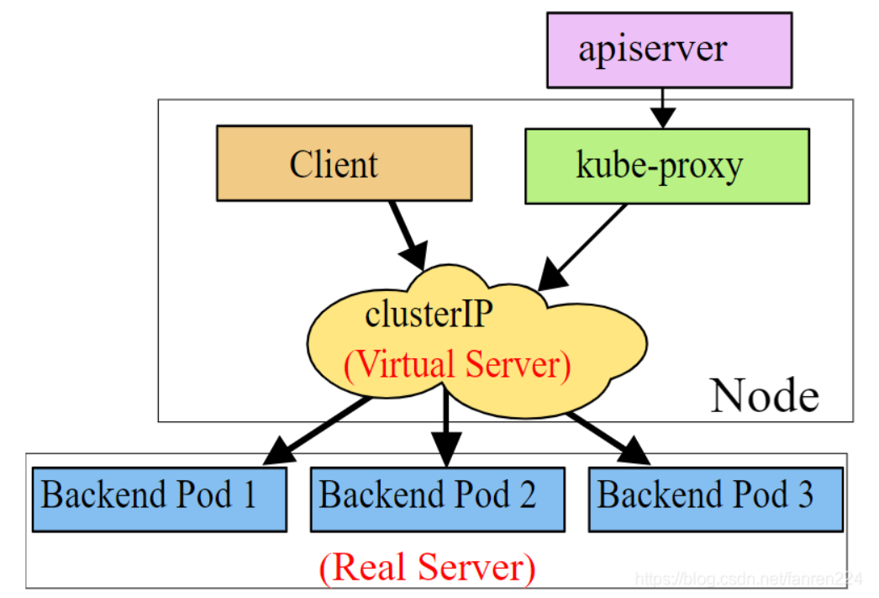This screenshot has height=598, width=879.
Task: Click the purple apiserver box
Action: tap(668, 50)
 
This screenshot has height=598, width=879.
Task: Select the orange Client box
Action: tap(344, 163)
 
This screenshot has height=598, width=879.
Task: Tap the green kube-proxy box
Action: tap(666, 166)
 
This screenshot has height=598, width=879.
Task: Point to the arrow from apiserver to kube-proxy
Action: tap(663, 108)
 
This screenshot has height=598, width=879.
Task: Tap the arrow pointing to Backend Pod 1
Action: tap(318, 431)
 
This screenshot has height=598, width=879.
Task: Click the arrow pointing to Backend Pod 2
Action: tap(445, 429)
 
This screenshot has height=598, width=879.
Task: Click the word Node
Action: tap(764, 395)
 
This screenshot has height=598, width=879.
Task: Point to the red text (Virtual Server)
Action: tap(457, 366)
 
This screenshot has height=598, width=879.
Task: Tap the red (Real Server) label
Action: tap(427, 568)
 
